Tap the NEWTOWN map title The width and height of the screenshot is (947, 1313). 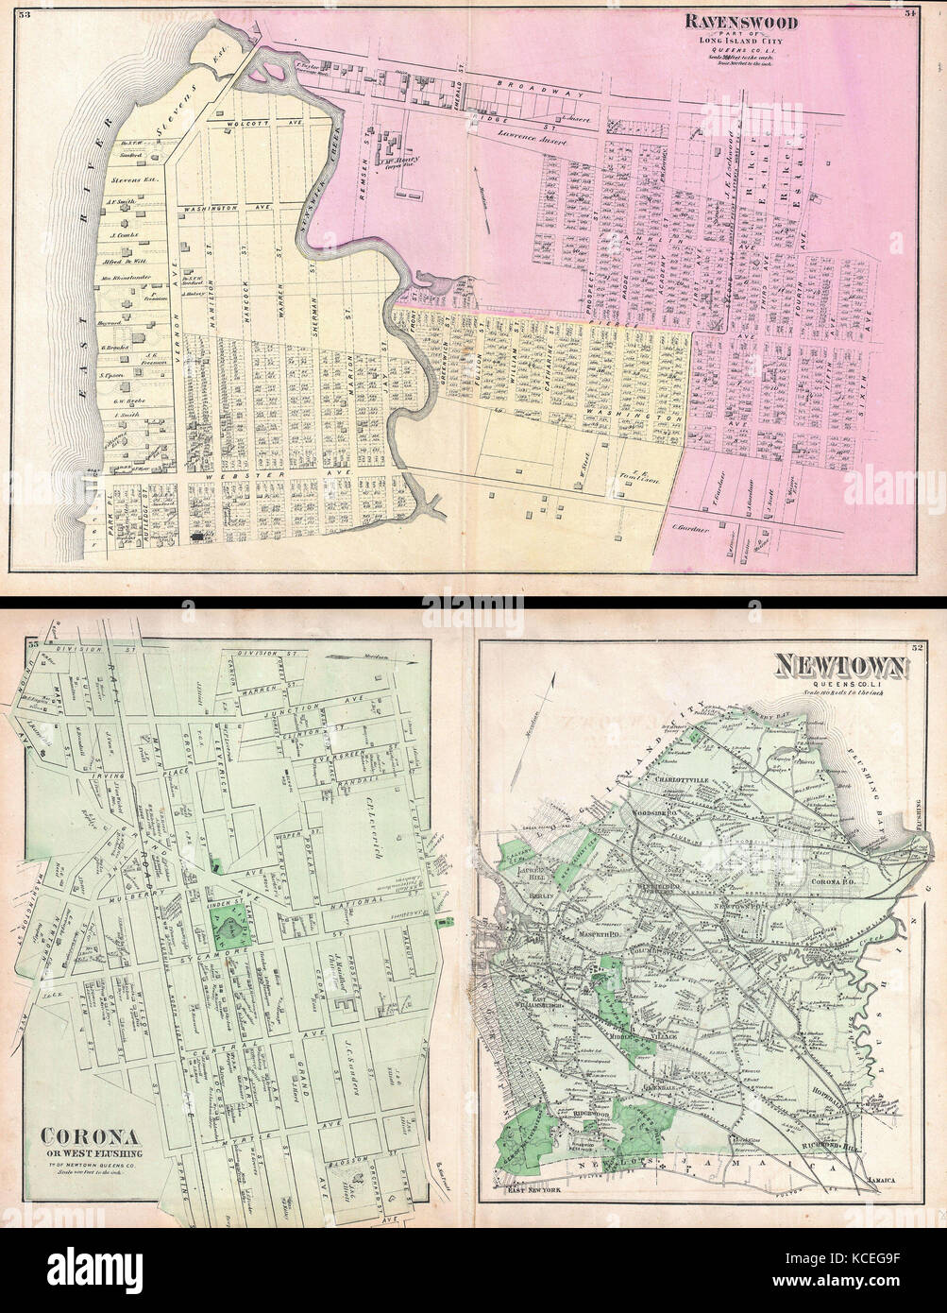point(840,668)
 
